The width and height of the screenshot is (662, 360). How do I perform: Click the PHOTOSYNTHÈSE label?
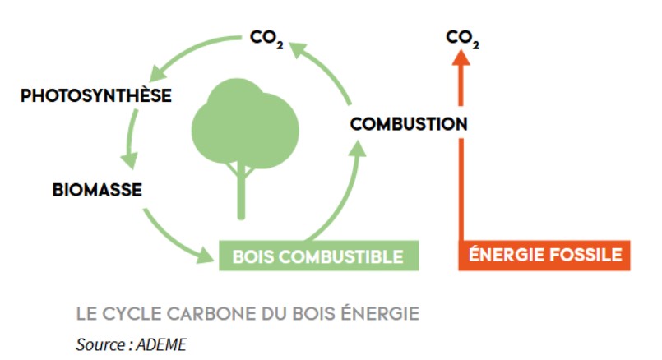pyautogui.click(x=96, y=96)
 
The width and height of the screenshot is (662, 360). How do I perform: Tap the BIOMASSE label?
pyautogui.click(x=97, y=191)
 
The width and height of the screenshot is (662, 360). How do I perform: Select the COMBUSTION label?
pyautogui.click(x=409, y=124)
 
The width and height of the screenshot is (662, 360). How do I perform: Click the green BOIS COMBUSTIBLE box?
pyautogui.click(x=318, y=256)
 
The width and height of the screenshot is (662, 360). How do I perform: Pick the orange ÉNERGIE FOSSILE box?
pyautogui.click(x=544, y=255)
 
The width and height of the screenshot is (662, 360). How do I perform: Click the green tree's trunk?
pyautogui.click(x=241, y=189)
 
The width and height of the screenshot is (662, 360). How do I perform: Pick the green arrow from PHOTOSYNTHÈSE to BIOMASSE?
pyautogui.click(x=129, y=140)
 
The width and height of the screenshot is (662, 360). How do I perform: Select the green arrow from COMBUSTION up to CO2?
pyautogui.click(x=329, y=70)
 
